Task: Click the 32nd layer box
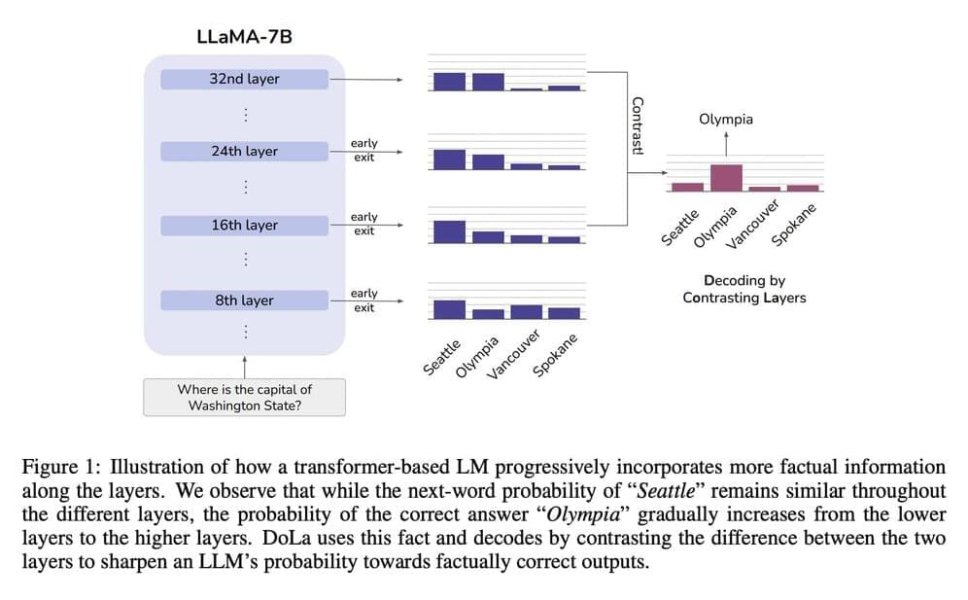[244, 79]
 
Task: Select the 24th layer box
[244, 152]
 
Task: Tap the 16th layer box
[244, 226]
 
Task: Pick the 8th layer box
[244, 300]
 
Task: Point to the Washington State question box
[244, 397]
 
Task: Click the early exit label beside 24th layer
[363, 150]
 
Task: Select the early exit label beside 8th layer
[363, 300]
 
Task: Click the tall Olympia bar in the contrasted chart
[726, 178]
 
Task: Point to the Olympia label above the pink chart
[725, 120]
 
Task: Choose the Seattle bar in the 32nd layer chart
[449, 82]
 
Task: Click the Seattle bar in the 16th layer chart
[449, 231]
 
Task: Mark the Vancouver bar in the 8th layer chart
[526, 312]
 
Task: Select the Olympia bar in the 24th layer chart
[488, 161]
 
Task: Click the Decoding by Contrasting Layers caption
[743, 289]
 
